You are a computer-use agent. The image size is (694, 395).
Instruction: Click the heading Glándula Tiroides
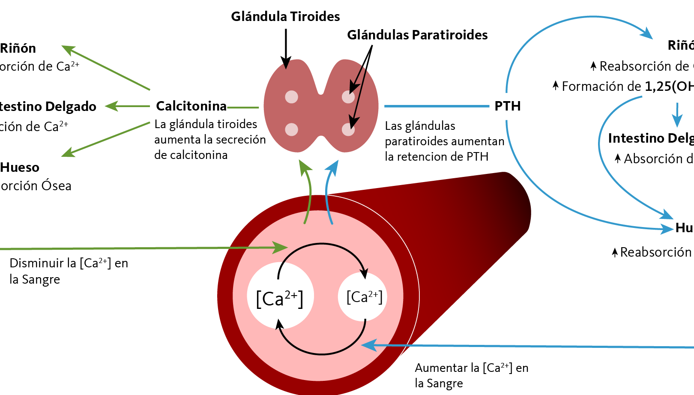pos(285,17)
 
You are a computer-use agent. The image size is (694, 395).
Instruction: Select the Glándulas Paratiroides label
pos(417,35)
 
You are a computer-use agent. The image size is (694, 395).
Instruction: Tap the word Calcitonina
pos(191,106)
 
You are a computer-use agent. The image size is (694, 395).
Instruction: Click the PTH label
pos(508,106)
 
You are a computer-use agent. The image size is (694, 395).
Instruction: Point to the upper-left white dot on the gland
pos(292,97)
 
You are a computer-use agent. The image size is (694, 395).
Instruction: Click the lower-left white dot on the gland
pos(292,129)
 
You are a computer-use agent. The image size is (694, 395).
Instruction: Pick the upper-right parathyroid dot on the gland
pos(348,97)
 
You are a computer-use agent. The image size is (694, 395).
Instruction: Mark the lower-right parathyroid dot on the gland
pos(348,129)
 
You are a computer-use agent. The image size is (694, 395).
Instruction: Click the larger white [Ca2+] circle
pos(280,296)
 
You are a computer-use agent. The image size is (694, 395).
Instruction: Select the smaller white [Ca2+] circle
pos(363,296)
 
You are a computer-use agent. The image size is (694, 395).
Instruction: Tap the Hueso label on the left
pos(20,168)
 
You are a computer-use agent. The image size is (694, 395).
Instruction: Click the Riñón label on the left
pos(18,48)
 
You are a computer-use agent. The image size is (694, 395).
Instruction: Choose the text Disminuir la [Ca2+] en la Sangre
pos(69,271)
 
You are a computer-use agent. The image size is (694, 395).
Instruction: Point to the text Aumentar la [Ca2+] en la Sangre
pos(471,375)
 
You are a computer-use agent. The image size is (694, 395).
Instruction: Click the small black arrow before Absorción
pos(618,159)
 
